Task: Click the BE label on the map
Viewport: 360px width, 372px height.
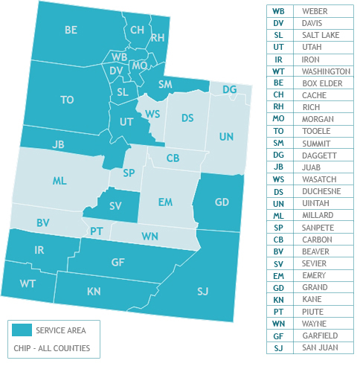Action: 71,31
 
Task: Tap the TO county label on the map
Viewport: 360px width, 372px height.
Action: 67,100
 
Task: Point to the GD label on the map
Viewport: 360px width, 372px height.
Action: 222,202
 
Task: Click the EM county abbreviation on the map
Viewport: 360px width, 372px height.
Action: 165,202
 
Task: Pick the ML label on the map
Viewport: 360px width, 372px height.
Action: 60,181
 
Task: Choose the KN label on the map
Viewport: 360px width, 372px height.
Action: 94,292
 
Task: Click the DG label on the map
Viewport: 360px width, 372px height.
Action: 230,89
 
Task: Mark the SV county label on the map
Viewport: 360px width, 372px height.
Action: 115,205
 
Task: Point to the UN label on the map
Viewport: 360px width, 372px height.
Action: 226,137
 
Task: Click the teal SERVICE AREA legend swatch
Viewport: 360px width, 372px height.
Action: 22,330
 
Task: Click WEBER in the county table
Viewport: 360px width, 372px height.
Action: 315,11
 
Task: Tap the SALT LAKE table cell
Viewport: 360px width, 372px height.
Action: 319,35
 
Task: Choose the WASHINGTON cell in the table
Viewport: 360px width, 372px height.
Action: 326,71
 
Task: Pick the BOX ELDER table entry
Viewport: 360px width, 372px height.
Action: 322,83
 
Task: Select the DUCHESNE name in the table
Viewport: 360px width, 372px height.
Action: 321,179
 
